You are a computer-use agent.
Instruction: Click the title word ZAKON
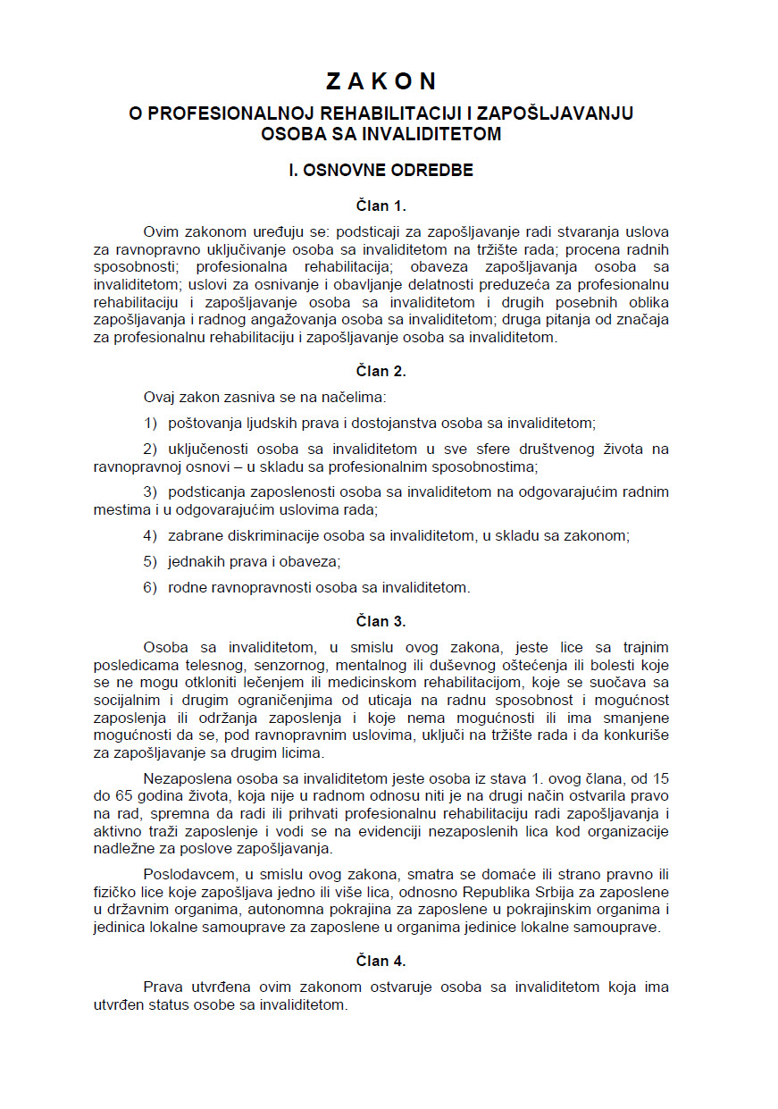point(381,81)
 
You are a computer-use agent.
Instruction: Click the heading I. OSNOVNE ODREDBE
point(381,170)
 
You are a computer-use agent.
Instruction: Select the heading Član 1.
point(381,206)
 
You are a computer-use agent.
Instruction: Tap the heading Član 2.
point(381,371)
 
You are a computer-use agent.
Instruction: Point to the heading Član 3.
point(381,621)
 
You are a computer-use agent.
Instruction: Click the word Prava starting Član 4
point(163,987)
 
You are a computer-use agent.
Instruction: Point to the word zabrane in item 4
point(193,536)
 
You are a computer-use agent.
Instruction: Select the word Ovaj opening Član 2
point(160,396)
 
